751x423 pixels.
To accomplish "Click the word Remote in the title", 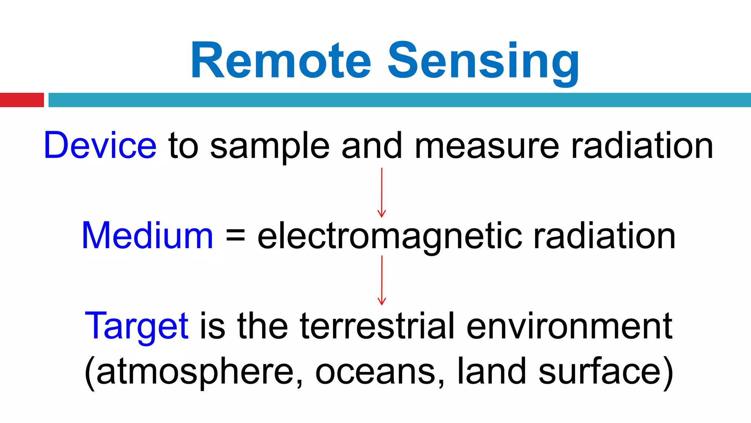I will click(281, 61).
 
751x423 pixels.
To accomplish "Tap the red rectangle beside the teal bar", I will click(22, 100).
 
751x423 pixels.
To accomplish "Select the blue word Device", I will click(100, 146).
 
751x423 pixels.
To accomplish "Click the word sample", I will click(270, 147).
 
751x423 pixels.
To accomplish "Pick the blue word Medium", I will click(147, 236).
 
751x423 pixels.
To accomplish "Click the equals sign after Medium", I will click(235, 236).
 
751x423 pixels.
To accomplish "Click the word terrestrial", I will click(377, 326).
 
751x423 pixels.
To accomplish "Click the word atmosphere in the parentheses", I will click(195, 372).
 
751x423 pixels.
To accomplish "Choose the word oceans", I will click(379, 372).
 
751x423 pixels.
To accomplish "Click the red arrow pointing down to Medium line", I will click(382, 193).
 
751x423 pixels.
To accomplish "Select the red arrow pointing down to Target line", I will click(382, 281).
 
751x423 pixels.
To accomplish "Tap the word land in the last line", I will click(492, 372).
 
